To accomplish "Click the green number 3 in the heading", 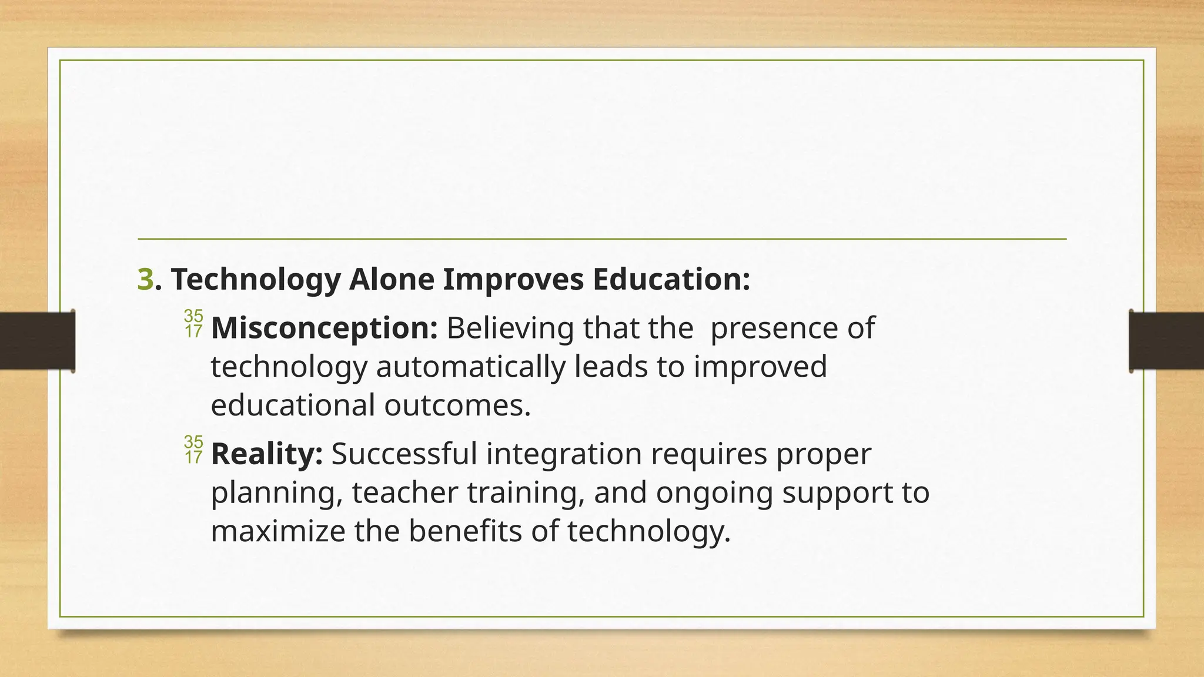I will pos(145,279).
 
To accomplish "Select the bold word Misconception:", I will pos(324,328).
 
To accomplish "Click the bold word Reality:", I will pos(267,454).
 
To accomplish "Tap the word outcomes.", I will pos(457,405).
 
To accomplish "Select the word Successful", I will pos(404,454).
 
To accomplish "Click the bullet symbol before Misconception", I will pos(193,324).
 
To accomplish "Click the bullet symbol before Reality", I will pos(193,450).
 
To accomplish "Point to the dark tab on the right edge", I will pos(1166,341).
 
